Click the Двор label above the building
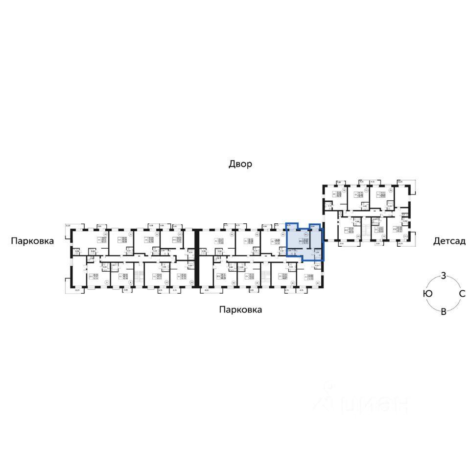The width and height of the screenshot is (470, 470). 240,164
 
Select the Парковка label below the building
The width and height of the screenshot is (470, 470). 240,309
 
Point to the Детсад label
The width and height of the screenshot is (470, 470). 448,241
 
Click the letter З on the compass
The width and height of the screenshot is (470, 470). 443,275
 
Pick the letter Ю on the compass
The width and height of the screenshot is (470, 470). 428,293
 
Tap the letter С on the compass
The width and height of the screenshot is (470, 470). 461,293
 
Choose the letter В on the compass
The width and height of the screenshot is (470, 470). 444,312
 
